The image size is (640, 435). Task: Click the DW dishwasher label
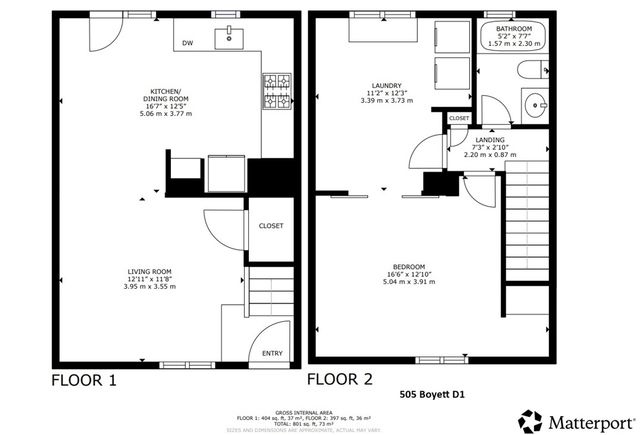[187, 43]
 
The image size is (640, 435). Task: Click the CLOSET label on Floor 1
[271, 226]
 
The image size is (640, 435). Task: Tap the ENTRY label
[272, 353]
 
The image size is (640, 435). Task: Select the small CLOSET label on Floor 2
[459, 118]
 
